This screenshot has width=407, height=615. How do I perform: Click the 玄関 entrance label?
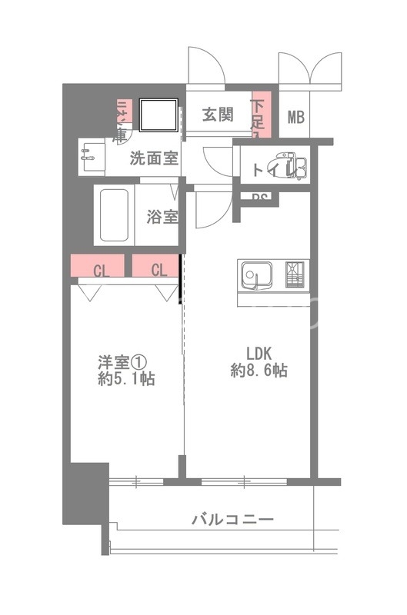[x=218, y=115]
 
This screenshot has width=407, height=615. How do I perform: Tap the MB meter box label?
[x=295, y=117]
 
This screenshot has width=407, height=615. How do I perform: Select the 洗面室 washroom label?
[x=154, y=159]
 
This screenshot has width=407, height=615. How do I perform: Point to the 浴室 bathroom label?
[x=162, y=216]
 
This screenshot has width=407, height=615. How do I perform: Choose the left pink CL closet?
[x=99, y=268]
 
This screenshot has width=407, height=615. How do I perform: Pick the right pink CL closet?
[x=157, y=268]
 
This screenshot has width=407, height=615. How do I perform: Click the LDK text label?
[x=259, y=354]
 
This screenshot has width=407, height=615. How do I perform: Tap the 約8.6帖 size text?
[x=259, y=371]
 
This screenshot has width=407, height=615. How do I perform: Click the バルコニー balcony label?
[x=232, y=520]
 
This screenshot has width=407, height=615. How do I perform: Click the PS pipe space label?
[x=260, y=198]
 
